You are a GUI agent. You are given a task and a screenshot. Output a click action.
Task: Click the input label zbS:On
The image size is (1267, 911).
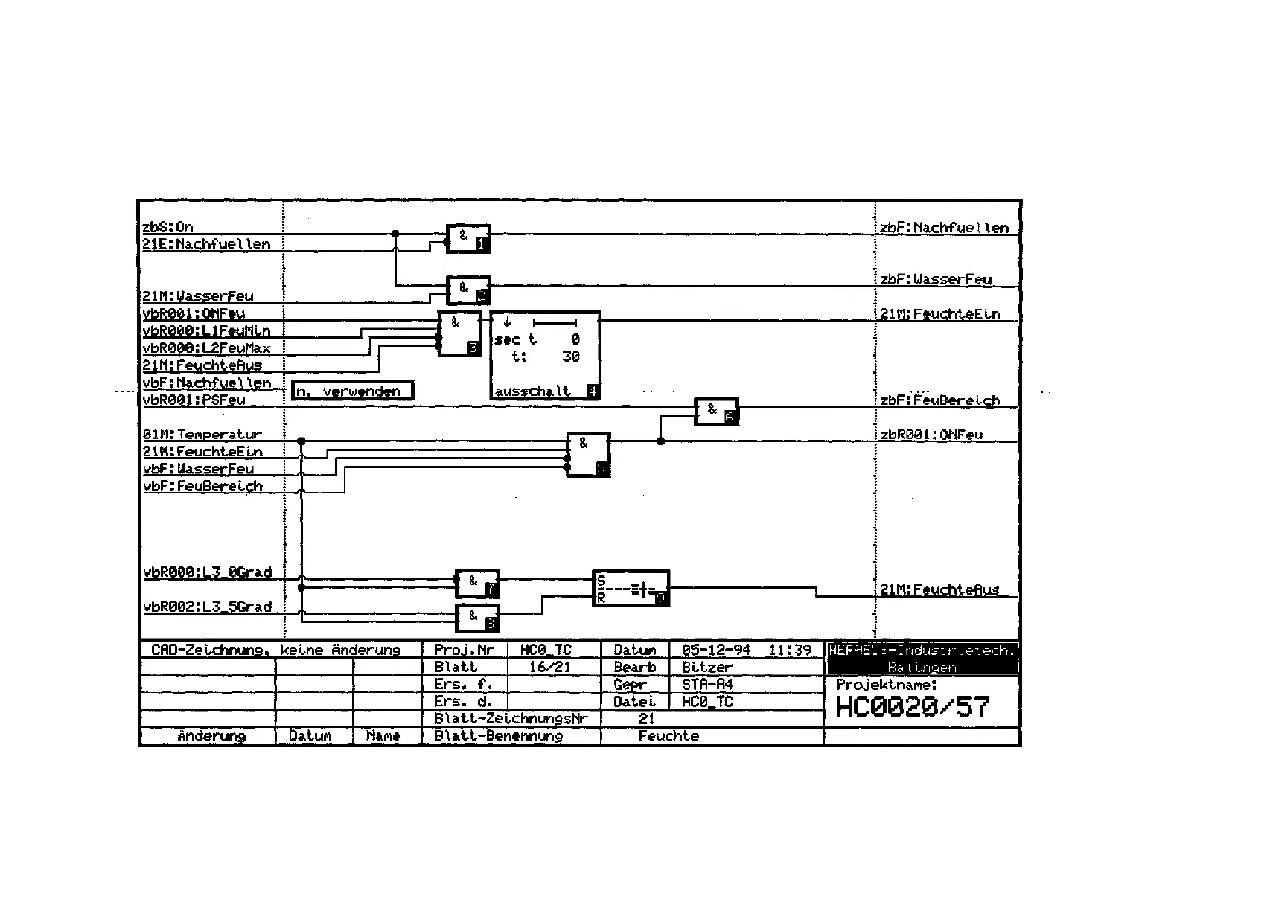[x=167, y=227]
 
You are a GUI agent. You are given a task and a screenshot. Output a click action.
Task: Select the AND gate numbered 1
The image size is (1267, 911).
[x=467, y=238]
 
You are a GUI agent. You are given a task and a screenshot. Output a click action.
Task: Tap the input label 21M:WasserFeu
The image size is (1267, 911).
[x=198, y=296]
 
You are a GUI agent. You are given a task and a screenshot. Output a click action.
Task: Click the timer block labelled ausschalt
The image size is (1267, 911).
[x=545, y=356]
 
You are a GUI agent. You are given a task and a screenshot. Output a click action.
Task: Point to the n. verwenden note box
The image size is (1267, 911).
[x=352, y=391]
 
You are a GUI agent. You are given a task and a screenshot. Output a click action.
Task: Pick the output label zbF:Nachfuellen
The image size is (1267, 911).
[x=944, y=228]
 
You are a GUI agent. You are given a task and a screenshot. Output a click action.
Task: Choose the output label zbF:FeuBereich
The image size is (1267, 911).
[x=939, y=400]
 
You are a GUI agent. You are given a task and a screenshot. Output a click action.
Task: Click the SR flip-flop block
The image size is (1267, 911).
[x=631, y=589]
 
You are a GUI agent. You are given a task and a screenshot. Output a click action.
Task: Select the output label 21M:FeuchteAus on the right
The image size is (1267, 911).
[x=939, y=589]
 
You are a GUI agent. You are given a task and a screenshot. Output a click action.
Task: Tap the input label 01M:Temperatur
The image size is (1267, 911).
[x=202, y=435]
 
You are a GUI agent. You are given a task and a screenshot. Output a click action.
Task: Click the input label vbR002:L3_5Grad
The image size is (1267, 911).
[x=207, y=607]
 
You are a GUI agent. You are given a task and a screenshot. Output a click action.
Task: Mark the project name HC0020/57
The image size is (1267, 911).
[x=913, y=706]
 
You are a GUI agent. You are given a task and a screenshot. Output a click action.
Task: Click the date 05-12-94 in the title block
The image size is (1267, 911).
[x=715, y=650]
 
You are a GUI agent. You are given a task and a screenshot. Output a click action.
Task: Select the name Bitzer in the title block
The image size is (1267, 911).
[x=707, y=667]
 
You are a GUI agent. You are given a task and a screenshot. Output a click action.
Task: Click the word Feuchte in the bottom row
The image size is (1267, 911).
[x=668, y=736]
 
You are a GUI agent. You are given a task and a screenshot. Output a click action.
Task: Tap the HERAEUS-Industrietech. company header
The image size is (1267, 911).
[x=922, y=651]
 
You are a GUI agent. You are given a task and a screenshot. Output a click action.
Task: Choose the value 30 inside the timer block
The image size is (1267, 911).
[x=571, y=357]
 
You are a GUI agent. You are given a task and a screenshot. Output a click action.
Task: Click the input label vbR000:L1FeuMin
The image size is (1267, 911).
[x=207, y=331]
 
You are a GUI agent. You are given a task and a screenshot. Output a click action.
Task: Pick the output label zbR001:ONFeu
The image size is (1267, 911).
[x=931, y=435]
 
